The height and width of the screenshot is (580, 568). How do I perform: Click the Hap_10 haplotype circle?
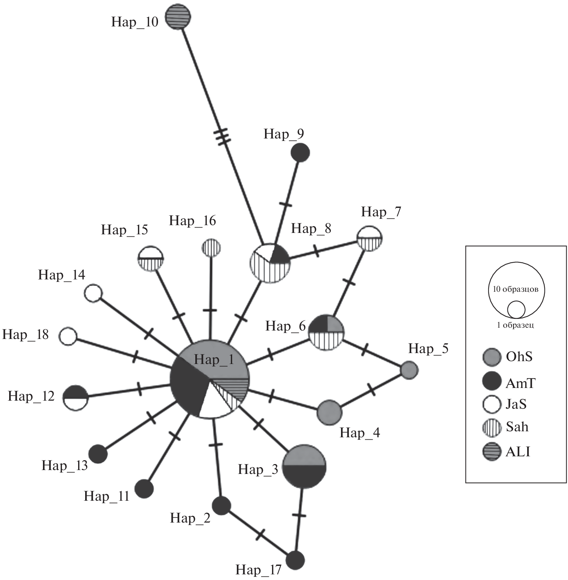click(x=178, y=16)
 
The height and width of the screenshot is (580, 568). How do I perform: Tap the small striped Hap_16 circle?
click(x=211, y=248)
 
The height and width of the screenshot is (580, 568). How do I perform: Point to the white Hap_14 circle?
click(x=94, y=293)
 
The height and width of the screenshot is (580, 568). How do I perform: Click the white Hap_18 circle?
click(x=68, y=336)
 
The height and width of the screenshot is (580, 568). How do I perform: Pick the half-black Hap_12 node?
click(x=75, y=397)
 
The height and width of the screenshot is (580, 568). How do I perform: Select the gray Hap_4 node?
click(x=329, y=412)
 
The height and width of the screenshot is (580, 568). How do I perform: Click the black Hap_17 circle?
click(x=295, y=560)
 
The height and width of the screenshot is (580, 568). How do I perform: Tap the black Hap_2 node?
click(x=221, y=505)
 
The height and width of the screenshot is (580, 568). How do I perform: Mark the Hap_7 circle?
click(x=370, y=239)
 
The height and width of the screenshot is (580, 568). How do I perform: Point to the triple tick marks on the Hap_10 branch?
click(x=222, y=136)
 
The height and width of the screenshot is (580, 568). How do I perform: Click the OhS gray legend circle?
click(x=491, y=357)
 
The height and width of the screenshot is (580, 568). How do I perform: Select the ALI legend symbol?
click(x=491, y=451)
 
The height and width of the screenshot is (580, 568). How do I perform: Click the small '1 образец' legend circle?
click(x=516, y=310)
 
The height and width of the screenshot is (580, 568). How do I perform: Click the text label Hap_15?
click(x=124, y=230)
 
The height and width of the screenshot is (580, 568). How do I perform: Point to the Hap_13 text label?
click(x=64, y=465)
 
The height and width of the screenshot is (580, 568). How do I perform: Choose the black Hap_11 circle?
click(x=144, y=489)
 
